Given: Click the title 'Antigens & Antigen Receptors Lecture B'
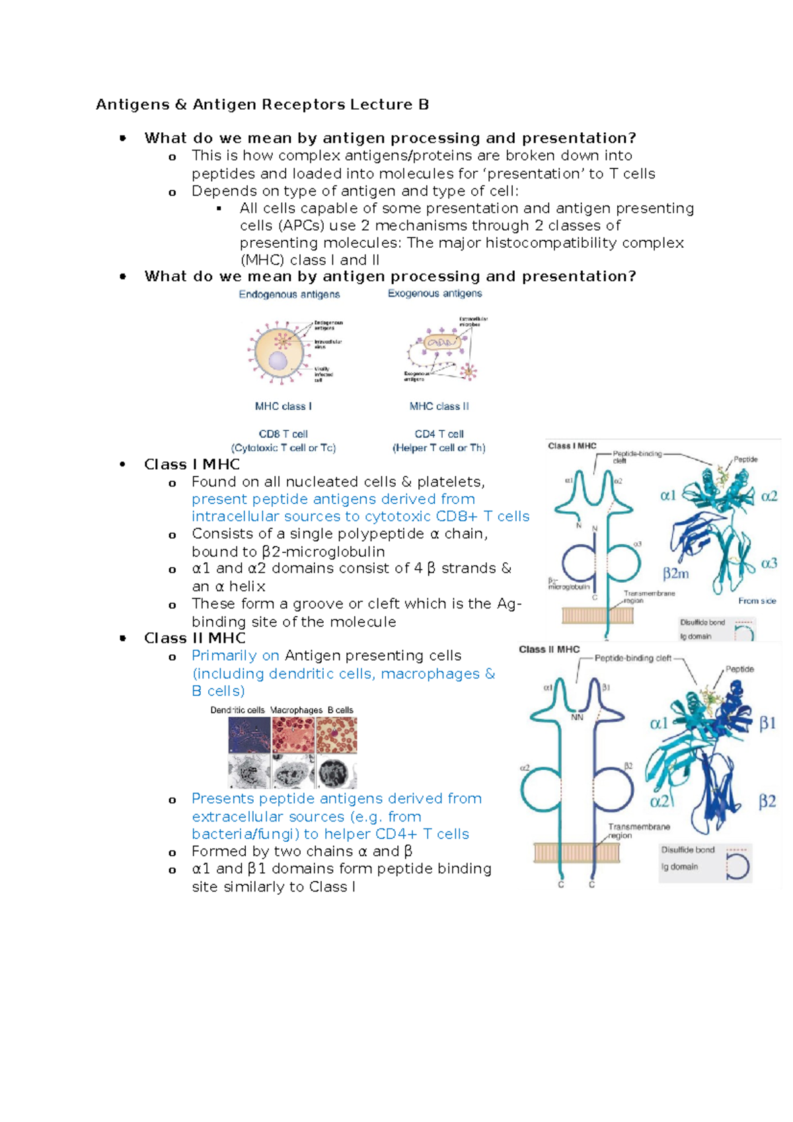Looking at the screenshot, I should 262,104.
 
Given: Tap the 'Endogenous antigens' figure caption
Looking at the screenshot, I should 289,294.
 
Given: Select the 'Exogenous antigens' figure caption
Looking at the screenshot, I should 435,293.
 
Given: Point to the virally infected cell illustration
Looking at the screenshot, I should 279,352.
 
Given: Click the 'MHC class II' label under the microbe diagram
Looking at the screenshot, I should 439,406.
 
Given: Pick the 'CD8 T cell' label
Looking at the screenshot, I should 283,434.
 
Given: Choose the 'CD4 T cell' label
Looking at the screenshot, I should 439,434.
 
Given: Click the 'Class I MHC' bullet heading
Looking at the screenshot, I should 192,465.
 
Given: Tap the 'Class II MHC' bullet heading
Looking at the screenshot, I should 195,638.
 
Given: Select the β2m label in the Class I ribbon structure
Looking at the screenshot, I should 675,574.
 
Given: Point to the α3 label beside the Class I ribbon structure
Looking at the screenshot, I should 769,564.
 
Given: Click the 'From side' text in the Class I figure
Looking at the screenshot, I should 757,601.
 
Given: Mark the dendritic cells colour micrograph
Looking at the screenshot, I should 249,735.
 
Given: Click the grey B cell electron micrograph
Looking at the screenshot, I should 337,772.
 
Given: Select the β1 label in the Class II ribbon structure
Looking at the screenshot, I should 767,723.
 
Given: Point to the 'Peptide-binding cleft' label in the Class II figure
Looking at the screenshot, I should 632,658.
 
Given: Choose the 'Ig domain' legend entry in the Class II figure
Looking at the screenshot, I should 679,866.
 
